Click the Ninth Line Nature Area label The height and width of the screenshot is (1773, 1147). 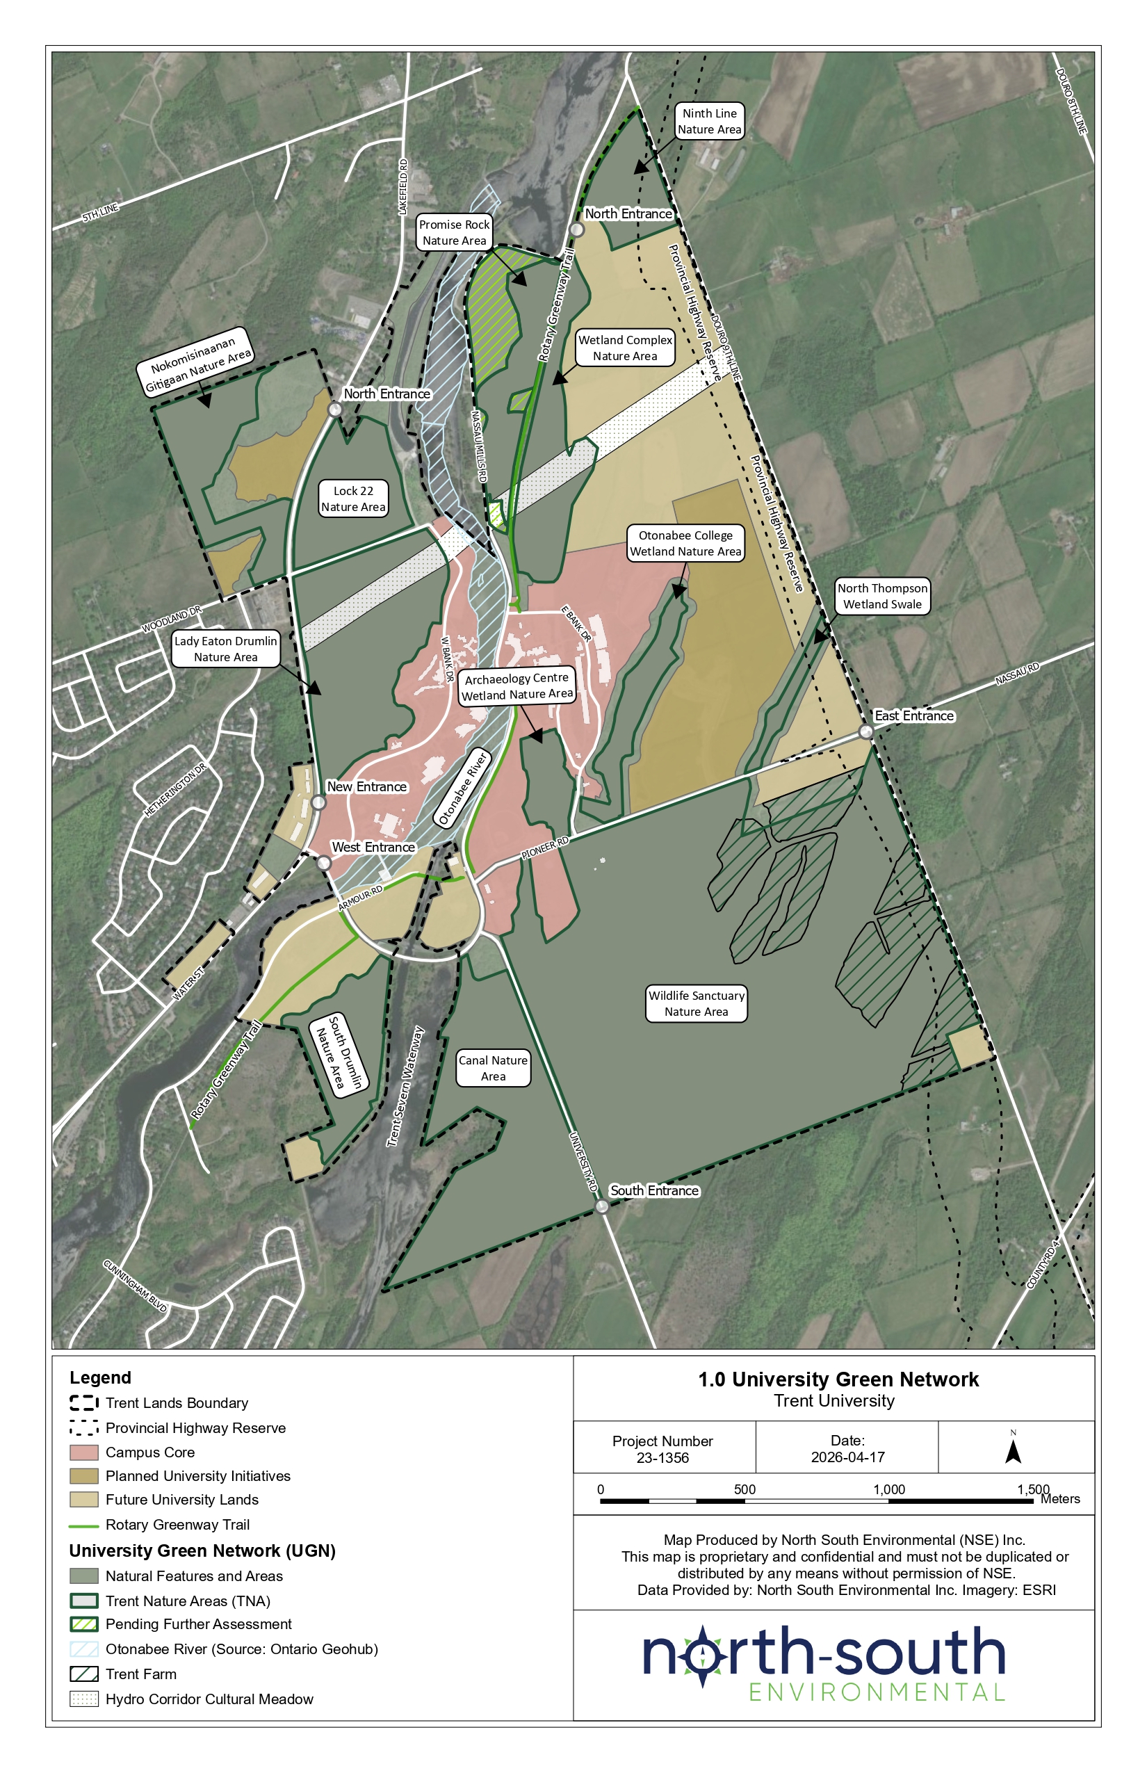tap(709, 122)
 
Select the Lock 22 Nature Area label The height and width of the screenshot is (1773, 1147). tap(353, 499)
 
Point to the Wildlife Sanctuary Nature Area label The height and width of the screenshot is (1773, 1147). tap(696, 1003)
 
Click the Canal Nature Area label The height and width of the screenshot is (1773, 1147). tap(493, 1067)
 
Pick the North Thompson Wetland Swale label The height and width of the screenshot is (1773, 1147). tap(882, 596)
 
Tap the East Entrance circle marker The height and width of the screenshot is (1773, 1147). tap(865, 731)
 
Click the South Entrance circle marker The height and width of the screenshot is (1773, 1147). tap(602, 1206)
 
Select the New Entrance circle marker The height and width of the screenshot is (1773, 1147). tap(319, 802)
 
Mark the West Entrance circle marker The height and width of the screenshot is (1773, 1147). tap(324, 863)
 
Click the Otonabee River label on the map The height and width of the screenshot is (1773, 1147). tap(462, 789)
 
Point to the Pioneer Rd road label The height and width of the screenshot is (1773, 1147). tap(544, 848)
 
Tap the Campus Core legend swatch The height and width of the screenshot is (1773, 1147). tap(84, 1452)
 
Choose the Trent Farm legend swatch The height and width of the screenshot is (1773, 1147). tap(84, 1674)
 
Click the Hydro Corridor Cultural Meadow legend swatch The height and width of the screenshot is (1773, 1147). tap(84, 1699)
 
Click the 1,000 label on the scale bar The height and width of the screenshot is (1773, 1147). tap(888, 1489)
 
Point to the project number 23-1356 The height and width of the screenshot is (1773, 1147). tap(662, 1458)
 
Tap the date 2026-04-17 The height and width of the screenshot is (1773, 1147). tap(847, 1457)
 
